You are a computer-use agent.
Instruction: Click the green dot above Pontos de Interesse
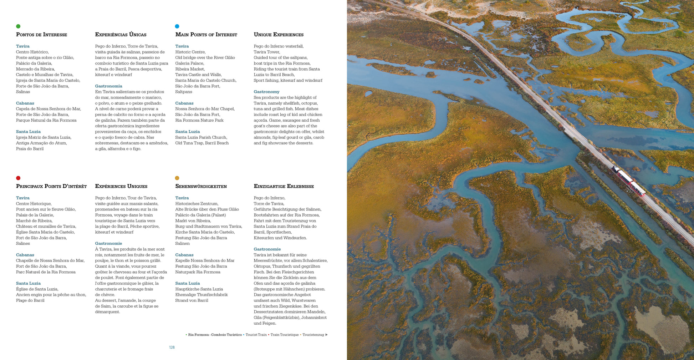click(18, 26)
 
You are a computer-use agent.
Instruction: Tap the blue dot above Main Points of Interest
click(177, 26)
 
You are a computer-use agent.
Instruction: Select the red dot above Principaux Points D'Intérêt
click(18, 178)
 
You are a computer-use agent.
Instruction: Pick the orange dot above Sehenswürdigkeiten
click(177, 178)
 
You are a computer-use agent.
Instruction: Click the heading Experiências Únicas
click(121, 35)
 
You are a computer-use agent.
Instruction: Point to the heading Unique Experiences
click(279, 35)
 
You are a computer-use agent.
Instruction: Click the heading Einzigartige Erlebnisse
click(284, 186)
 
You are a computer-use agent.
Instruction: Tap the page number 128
click(172, 348)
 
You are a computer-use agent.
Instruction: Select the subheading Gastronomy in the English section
click(266, 92)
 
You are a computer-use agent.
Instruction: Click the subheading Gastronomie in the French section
click(108, 243)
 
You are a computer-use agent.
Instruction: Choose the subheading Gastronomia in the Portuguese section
click(108, 86)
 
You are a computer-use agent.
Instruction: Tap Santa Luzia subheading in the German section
click(187, 283)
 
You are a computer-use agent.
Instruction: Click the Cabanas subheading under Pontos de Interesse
click(25, 103)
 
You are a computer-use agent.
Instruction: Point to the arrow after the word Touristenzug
click(326, 335)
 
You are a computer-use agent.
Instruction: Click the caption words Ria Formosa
click(198, 335)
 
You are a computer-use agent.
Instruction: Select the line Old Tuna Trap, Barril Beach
click(202, 143)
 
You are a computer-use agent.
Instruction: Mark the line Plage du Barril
click(30, 300)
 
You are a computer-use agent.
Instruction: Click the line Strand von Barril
click(192, 300)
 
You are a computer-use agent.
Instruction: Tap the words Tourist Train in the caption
click(256, 335)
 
